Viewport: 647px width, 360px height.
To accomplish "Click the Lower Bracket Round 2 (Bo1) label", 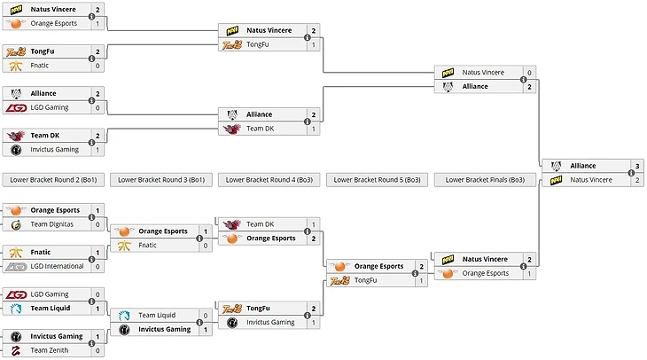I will coord(53,179).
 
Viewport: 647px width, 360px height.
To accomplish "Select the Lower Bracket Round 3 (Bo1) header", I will coord(161,179).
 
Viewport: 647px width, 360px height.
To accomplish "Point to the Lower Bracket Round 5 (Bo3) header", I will coord(377,179).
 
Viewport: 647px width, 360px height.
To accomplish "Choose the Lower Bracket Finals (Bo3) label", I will coord(485,179).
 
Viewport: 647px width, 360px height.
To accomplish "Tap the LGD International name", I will coord(57,266).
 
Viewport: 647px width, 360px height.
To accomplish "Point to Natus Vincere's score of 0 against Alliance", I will coord(529,73).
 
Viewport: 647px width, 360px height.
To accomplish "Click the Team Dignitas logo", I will coord(16,224).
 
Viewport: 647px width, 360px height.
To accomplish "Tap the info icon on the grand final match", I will coord(630,173).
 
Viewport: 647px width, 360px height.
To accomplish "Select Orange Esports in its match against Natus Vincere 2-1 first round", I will coord(54,23).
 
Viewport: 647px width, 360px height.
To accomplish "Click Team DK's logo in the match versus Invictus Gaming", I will coord(16,136).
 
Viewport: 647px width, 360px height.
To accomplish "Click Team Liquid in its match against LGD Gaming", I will coord(51,309).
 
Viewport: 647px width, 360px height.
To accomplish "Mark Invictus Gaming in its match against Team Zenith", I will coord(57,336).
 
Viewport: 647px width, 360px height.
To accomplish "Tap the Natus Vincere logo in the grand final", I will coord(557,180).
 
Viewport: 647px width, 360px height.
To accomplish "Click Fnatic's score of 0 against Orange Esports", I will coord(206,246).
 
